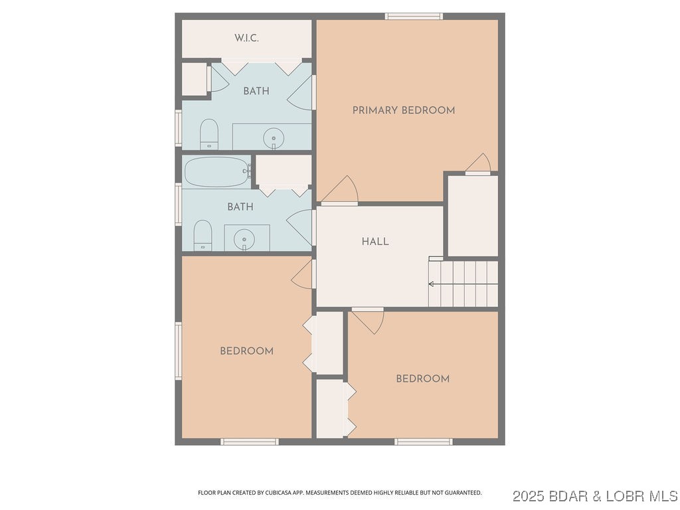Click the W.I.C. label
pyautogui.click(x=246, y=39)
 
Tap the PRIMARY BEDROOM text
pyautogui.click(x=404, y=110)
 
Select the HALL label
pyautogui.click(x=375, y=242)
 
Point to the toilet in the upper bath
pyautogui.click(x=209, y=134)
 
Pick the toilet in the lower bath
pyautogui.click(x=203, y=236)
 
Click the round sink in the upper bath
pyautogui.click(x=273, y=139)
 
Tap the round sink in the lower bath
pyautogui.click(x=245, y=239)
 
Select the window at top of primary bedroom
pyautogui.click(x=414, y=16)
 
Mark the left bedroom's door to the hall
pyautogui.click(x=303, y=274)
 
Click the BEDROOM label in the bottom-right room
pyautogui.click(x=422, y=379)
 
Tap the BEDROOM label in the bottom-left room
pyautogui.click(x=246, y=351)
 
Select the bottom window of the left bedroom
pyautogui.click(x=249, y=441)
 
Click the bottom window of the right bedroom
pyautogui.click(x=424, y=441)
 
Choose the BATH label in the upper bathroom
pyautogui.click(x=256, y=91)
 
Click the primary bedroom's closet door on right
pyautogui.click(x=478, y=164)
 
